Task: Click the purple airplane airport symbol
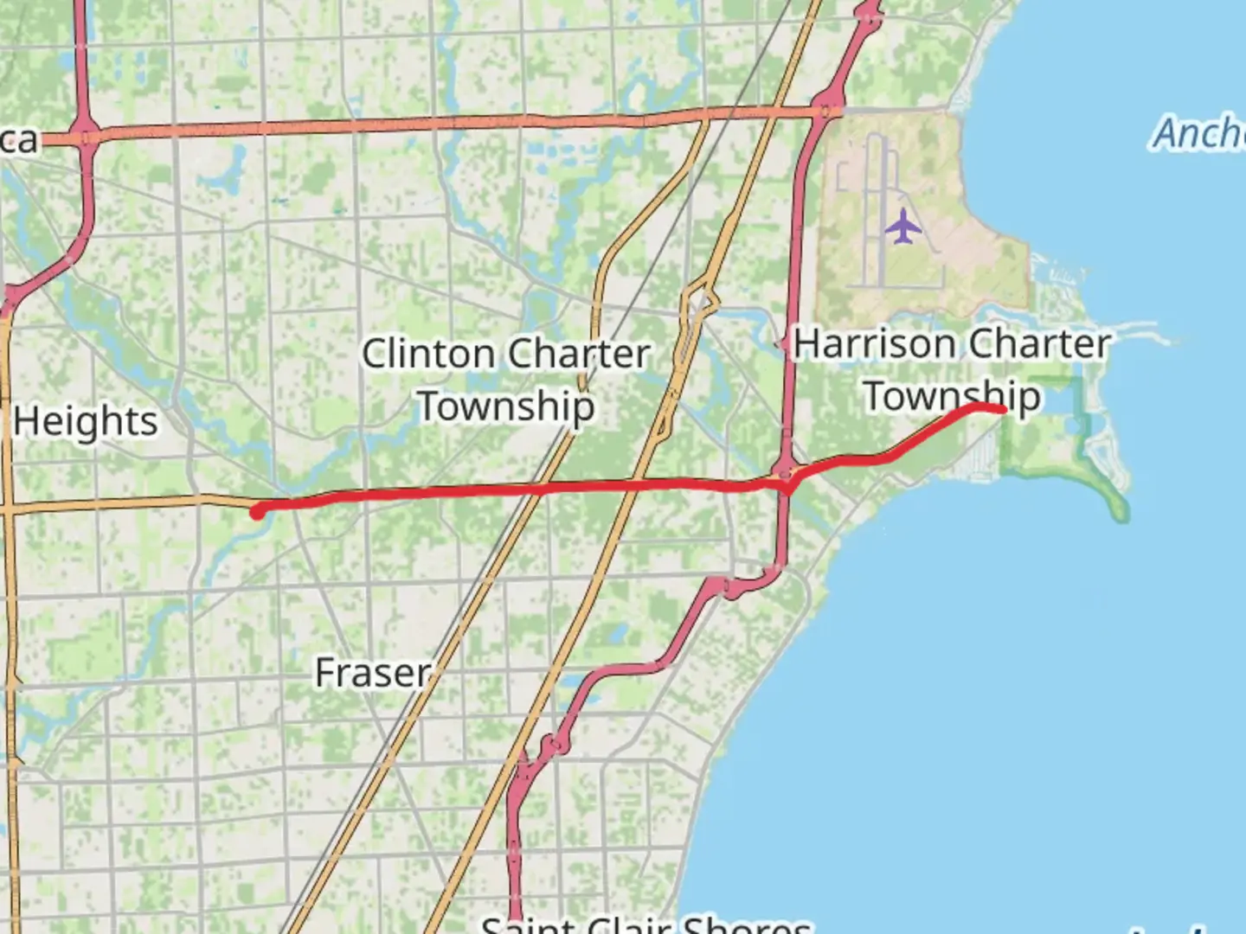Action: (903, 227)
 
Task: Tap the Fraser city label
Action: (373, 673)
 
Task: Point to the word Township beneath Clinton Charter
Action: (507, 406)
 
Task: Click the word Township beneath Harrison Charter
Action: (952, 396)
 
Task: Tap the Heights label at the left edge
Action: (85, 421)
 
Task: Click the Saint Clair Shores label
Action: (645, 924)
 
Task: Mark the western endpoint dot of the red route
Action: (257, 512)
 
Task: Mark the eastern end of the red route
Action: (1002, 409)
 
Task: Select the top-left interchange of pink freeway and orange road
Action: (85, 135)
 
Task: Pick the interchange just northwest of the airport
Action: (828, 110)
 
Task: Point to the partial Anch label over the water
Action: (1198, 133)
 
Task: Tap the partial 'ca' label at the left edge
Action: (19, 139)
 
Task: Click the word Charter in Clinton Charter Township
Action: (578, 354)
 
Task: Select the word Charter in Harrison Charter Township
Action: (1039, 343)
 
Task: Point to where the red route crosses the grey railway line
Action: (542, 489)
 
